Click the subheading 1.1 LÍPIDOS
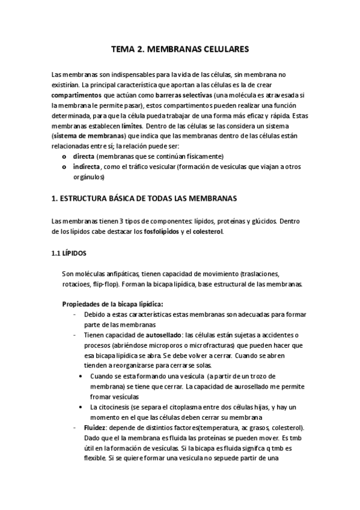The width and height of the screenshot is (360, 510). pos(70,254)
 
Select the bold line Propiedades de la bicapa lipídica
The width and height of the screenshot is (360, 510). pos(112,304)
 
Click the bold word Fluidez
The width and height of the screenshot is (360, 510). pos(98,427)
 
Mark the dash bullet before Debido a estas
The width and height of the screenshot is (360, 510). pos(73,315)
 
